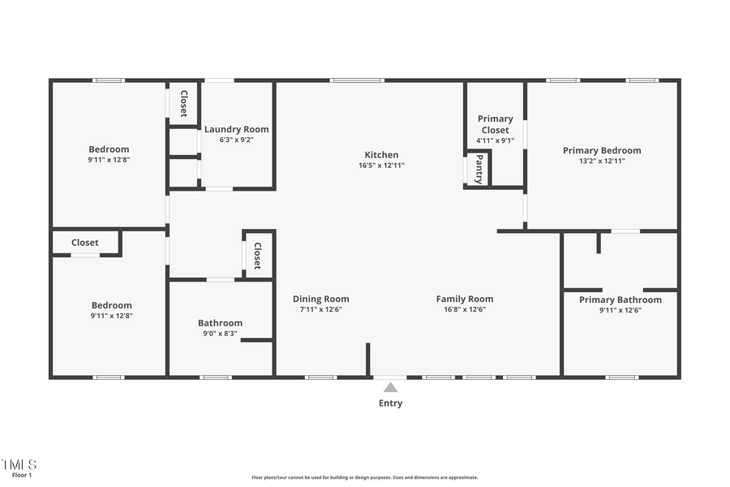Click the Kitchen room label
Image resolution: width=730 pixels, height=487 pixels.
coord(381,155)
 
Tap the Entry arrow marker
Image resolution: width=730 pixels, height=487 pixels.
coord(390,388)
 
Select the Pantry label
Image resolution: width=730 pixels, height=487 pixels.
coord(479,170)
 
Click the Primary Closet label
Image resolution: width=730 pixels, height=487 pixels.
coord(495,124)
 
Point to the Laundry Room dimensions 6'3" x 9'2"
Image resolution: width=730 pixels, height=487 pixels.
coord(236,140)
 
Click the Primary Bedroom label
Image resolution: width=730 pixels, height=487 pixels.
coord(602,150)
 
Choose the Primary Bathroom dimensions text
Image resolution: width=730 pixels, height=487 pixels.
coord(620,310)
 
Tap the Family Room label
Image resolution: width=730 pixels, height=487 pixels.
coord(465,299)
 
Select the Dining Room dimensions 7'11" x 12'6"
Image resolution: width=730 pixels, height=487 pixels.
coord(321,309)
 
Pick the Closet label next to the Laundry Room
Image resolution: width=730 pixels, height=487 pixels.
coord(184,103)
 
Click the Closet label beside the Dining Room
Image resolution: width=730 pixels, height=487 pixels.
coord(257,256)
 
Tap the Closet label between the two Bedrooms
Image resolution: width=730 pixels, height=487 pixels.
coord(84,243)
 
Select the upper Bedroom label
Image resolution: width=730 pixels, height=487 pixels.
coord(109,149)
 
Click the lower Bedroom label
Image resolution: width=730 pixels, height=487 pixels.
coord(111,305)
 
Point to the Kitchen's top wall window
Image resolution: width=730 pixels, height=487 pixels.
coord(357,80)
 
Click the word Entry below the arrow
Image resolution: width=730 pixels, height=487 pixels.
coord(390,403)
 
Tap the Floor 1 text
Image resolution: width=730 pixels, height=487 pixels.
coord(22,475)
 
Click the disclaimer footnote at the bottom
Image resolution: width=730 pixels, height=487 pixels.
coord(365,477)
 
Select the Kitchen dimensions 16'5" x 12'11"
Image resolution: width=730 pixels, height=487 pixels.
coord(381,166)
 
